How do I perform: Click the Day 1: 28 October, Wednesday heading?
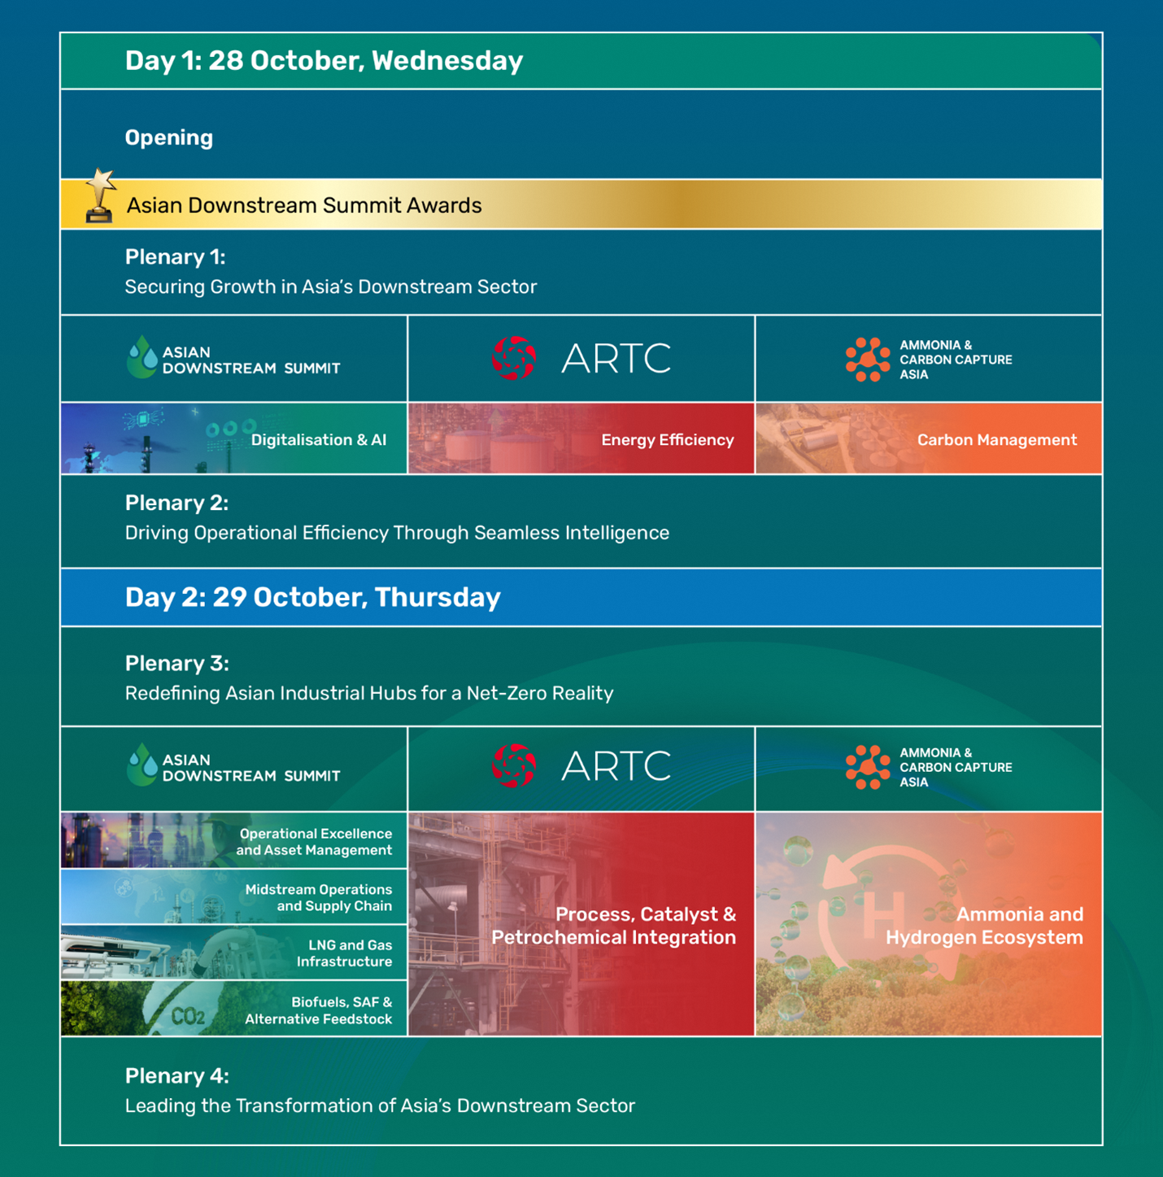click(x=324, y=61)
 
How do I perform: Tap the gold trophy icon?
click(x=100, y=197)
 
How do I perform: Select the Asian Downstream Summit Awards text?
click(x=304, y=205)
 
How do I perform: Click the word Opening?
click(x=169, y=137)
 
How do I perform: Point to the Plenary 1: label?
click(x=175, y=257)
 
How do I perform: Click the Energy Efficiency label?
click(x=667, y=440)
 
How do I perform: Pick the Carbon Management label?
click(x=996, y=440)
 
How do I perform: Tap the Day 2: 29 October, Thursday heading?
click(x=312, y=598)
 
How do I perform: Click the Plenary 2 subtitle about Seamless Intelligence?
click(x=397, y=533)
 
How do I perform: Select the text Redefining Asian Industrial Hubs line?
click(x=368, y=693)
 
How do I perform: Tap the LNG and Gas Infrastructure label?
click(x=344, y=953)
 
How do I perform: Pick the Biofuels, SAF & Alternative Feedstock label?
click(x=319, y=1010)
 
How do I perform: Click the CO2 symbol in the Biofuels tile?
click(x=188, y=1016)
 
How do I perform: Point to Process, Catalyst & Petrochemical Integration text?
click(x=613, y=926)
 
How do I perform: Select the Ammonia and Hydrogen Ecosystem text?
click(x=984, y=926)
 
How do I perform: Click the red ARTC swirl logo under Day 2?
click(x=514, y=765)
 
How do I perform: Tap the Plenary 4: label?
click(x=176, y=1076)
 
